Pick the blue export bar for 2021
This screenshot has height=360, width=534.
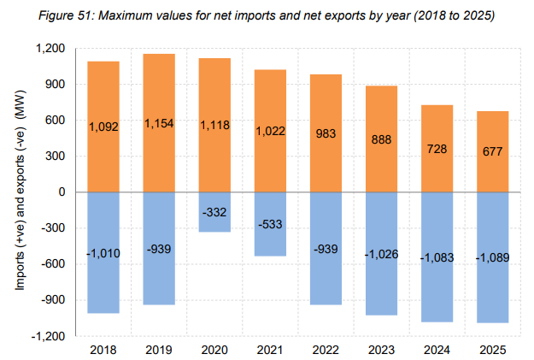tap(269, 239)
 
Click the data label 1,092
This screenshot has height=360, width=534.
tap(104, 127)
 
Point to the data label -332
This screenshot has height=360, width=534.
tap(214, 211)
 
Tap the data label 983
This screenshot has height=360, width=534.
tap(325, 133)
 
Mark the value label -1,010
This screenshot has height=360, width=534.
tap(104, 253)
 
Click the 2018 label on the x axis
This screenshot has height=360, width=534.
tap(104, 349)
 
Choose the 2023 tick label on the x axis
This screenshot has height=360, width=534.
tap(380, 349)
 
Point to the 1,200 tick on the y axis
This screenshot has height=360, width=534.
tap(53, 49)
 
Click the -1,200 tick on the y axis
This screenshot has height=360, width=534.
tap(51, 336)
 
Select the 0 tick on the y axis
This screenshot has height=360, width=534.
tap(63, 192)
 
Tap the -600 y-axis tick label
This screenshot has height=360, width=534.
tap(56, 264)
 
